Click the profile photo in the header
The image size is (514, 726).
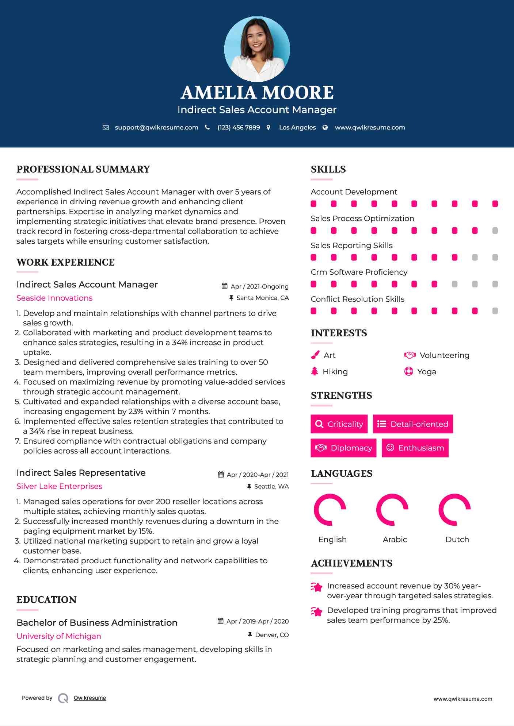[257, 49]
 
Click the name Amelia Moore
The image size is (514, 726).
[257, 93]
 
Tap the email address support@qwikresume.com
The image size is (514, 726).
[156, 128]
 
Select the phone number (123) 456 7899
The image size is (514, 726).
[239, 128]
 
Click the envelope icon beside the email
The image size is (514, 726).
[106, 128]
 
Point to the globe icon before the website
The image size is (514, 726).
[325, 128]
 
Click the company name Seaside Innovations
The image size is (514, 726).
[54, 298]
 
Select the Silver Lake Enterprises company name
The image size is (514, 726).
[59, 486]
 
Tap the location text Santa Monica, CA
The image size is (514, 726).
[262, 298]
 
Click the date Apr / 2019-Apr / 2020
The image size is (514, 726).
[257, 621]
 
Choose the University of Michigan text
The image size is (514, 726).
[59, 636]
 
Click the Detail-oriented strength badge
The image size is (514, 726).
[413, 424]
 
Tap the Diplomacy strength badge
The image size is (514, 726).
[343, 448]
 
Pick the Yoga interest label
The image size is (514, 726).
[427, 372]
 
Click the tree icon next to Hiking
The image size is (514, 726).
[315, 371]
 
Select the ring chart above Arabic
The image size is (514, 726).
[392, 510]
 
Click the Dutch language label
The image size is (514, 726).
[457, 540]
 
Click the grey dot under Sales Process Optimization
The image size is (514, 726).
[495, 231]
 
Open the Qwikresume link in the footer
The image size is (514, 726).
[90, 698]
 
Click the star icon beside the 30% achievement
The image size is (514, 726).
[316, 587]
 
